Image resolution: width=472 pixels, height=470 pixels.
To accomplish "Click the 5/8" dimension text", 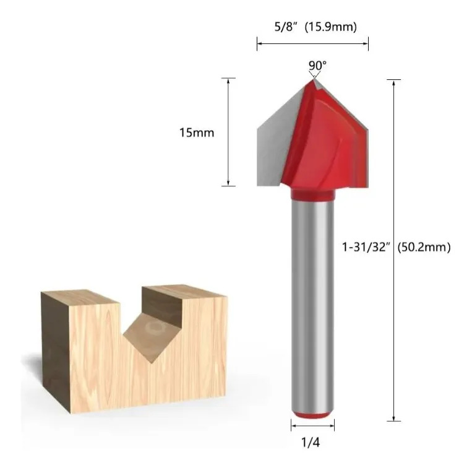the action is pyautogui.click(x=286, y=27).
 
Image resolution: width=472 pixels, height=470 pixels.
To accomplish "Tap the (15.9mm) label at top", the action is pyautogui.click(x=330, y=27).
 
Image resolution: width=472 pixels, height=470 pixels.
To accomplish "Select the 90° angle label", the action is pyautogui.click(x=317, y=65).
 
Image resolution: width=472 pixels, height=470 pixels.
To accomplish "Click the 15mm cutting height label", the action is pyautogui.click(x=197, y=133).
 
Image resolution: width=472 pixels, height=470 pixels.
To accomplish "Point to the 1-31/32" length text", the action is pyautogui.click(x=366, y=247).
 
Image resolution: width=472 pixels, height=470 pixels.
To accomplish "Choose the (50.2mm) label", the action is pyautogui.click(x=424, y=247).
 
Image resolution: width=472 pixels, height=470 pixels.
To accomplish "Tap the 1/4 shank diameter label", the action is pyautogui.click(x=311, y=442).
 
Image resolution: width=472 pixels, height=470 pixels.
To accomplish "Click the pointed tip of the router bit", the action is pyautogui.click(x=314, y=79).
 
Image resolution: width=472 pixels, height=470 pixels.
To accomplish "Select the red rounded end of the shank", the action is pyautogui.click(x=312, y=415).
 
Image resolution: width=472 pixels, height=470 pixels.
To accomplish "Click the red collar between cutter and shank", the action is pyautogui.click(x=312, y=194).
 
